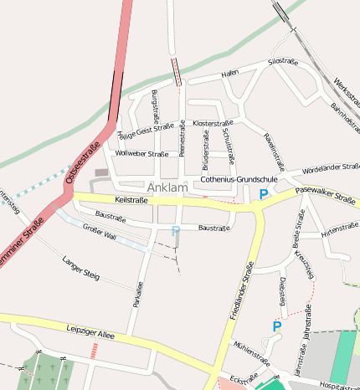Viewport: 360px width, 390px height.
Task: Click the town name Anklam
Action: [167, 187]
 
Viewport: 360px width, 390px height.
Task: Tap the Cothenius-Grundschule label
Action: [239, 180]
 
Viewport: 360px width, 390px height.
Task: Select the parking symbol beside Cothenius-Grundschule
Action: [264, 194]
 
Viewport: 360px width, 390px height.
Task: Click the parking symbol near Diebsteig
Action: [276, 326]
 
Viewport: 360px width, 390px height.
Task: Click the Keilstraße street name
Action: [131, 201]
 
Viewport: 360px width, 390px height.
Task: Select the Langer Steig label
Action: [80, 268]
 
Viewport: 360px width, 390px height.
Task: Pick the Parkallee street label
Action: [137, 293]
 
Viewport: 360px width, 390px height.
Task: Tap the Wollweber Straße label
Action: [141, 154]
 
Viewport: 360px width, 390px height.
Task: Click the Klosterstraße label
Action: [213, 123]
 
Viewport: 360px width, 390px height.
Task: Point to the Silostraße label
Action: [283, 61]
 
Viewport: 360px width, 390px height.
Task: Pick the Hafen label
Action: [230, 74]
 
